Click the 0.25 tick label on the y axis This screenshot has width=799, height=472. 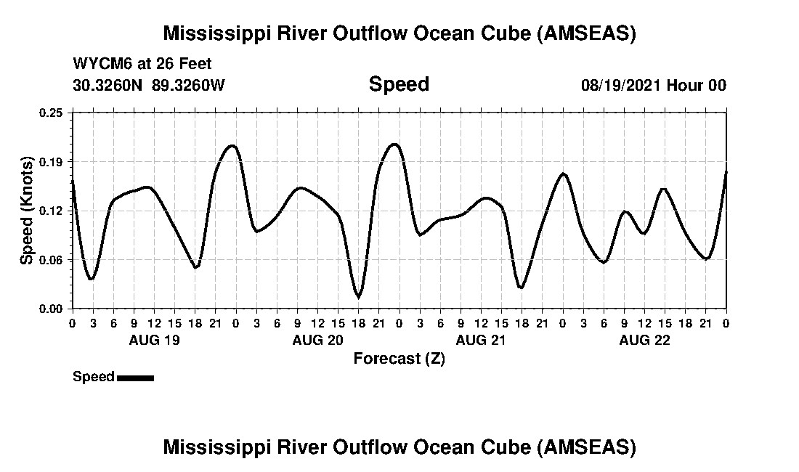pos(52,113)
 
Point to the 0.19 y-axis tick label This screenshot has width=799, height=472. pos(52,161)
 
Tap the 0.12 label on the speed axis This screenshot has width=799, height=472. pos(52,211)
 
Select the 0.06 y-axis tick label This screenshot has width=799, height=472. pos(52,260)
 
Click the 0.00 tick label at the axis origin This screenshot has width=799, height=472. pos(52,309)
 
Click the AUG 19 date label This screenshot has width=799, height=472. pos(154,341)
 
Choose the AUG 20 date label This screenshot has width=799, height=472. pos(317,341)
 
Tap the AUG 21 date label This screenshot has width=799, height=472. pos(481,341)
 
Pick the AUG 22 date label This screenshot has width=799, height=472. pos(644,341)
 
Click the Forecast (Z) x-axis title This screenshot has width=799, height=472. pos(399,359)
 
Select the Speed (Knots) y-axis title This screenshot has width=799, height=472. pos(26,211)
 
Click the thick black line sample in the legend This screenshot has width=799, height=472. pos(135,378)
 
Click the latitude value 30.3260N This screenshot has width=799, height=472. pos(109,85)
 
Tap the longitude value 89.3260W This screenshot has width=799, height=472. pos(189,85)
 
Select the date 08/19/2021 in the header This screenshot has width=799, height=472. pos(621,85)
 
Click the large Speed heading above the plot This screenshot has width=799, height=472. pos(399,84)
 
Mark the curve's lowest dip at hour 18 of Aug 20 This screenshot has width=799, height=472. pos(358,296)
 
